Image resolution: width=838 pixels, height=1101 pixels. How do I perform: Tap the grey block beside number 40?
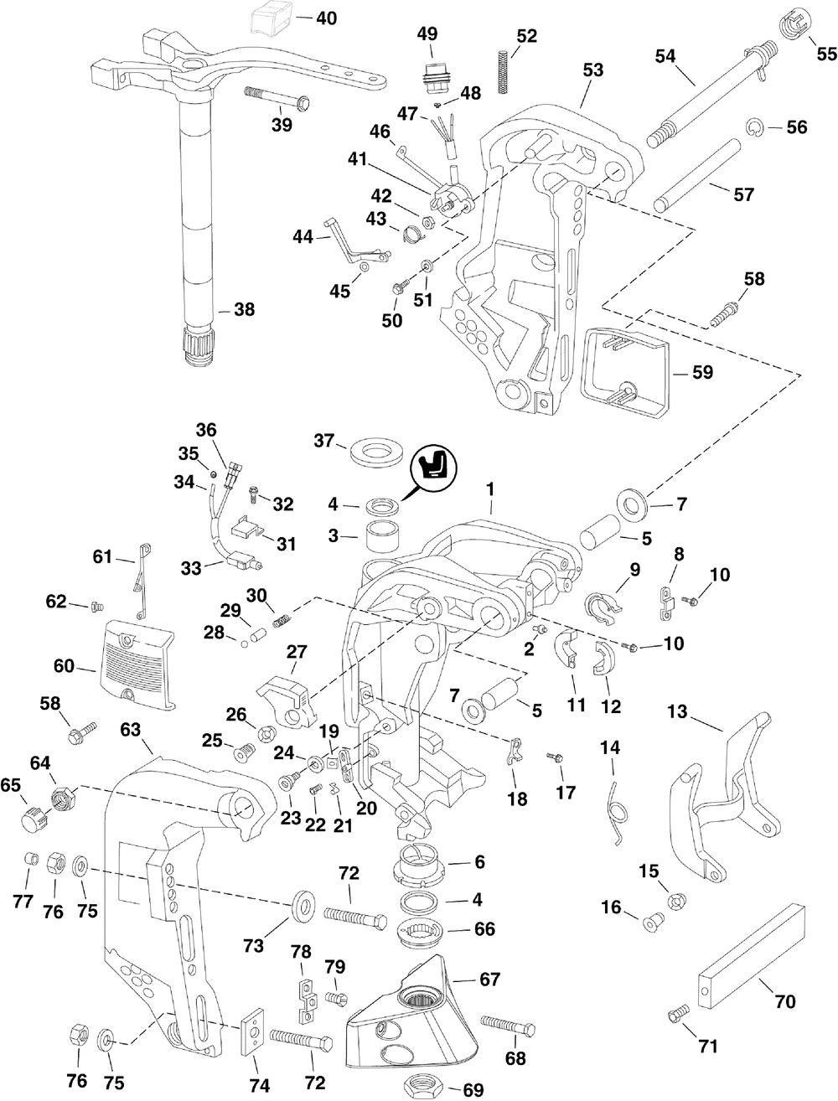271,17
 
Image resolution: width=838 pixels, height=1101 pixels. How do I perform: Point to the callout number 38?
244,309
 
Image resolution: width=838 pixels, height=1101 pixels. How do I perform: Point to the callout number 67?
489,979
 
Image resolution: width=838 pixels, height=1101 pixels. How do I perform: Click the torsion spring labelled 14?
617,811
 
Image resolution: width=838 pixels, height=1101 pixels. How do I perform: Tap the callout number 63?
130,729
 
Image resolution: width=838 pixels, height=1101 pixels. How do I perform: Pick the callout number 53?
592,70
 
